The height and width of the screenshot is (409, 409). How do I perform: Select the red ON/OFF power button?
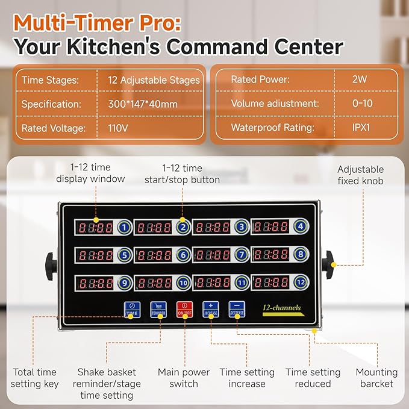[184, 310]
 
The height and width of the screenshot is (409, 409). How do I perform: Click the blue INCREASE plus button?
[210, 310]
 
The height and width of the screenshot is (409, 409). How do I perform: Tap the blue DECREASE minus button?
[236, 310]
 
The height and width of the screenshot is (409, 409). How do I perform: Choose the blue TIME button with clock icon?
[131, 310]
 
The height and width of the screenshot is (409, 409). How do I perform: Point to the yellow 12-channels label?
[281, 308]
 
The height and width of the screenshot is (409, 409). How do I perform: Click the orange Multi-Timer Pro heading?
[97, 22]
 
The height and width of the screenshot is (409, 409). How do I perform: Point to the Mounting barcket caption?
[376, 378]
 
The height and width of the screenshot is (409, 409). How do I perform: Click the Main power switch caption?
[184, 378]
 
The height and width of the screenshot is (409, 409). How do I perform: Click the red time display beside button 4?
[271, 228]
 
